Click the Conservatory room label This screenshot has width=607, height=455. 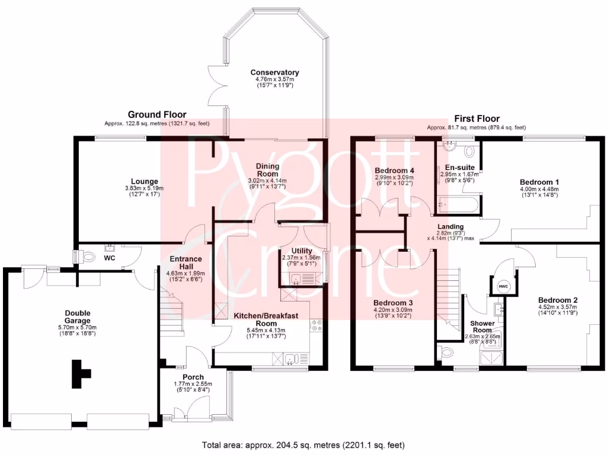(274, 72)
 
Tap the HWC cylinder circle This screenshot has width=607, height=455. (503, 286)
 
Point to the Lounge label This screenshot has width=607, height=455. (145, 181)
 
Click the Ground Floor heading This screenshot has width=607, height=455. (157, 114)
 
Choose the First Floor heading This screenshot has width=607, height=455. (477, 118)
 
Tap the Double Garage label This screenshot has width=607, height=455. (78, 316)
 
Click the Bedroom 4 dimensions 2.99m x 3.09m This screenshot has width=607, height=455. (394, 177)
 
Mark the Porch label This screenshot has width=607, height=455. (193, 377)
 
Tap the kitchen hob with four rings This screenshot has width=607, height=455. (315, 325)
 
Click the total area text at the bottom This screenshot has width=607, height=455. (303, 446)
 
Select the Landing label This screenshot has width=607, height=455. (451, 227)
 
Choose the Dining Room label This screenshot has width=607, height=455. (267, 170)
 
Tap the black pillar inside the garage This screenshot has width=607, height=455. (80, 374)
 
